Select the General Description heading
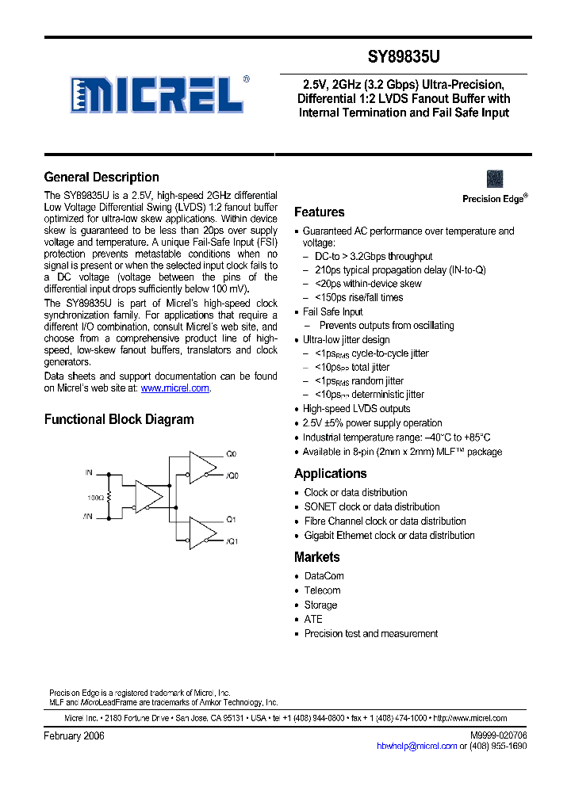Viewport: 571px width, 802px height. (x=102, y=178)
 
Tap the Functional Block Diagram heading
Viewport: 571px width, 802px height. (x=119, y=419)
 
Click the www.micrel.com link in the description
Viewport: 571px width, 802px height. (x=175, y=388)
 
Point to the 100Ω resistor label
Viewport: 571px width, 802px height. (x=94, y=497)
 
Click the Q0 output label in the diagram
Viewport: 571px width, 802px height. (x=232, y=455)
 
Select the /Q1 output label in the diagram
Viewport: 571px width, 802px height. (x=232, y=541)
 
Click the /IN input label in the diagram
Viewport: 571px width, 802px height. (x=89, y=516)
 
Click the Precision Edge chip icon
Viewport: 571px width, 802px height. (x=495, y=178)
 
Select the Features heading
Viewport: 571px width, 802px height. (x=319, y=212)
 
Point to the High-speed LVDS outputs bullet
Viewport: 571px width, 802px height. (x=357, y=409)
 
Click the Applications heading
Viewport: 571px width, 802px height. (x=330, y=474)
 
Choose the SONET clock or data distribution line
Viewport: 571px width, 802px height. (x=372, y=507)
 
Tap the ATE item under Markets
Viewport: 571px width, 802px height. (x=313, y=619)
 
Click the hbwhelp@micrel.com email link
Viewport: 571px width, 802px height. (x=416, y=746)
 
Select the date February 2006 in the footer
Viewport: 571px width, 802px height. (x=74, y=736)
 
